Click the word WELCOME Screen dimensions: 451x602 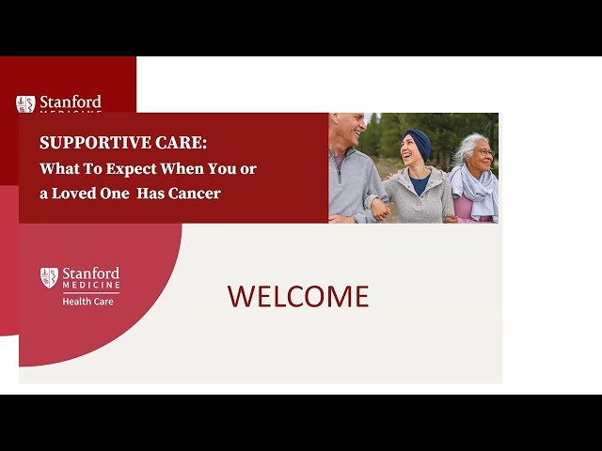298,297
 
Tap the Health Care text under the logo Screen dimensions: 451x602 88,302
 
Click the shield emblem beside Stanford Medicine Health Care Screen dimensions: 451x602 49,277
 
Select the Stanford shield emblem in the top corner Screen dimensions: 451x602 25,103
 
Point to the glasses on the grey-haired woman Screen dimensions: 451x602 483,152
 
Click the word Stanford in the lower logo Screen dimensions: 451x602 91,272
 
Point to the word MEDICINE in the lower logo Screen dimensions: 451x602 91,285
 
